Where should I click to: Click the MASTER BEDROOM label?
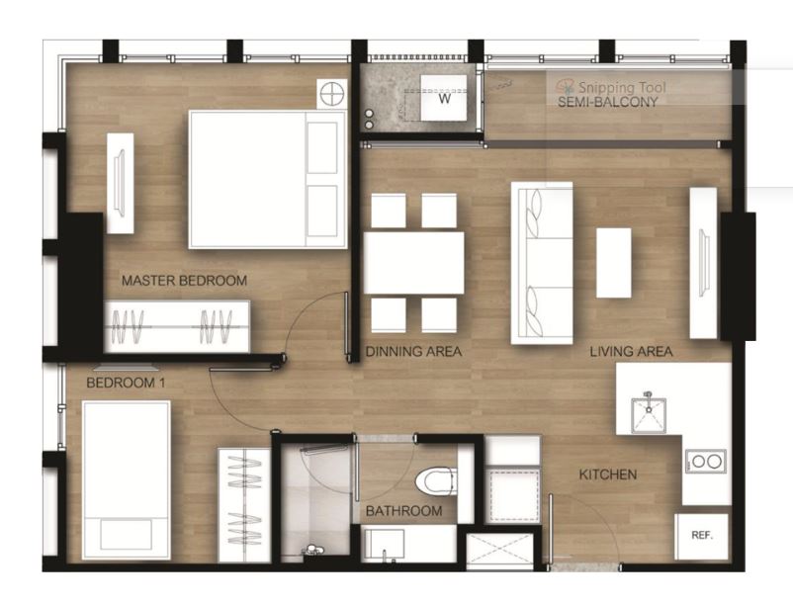[184, 281]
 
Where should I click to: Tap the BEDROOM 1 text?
[126, 383]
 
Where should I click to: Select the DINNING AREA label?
[413, 351]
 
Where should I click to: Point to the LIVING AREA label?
[631, 351]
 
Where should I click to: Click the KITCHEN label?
[607, 475]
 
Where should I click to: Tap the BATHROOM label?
[403, 511]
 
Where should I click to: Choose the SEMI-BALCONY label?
[607, 102]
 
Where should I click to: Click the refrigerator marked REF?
[702, 537]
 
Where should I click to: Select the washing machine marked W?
[444, 98]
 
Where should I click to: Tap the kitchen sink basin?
[648, 415]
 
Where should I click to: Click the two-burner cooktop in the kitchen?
[706, 461]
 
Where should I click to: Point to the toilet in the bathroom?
[436, 480]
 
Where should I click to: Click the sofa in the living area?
[542, 263]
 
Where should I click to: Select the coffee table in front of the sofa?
[613, 263]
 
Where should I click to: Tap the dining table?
[413, 263]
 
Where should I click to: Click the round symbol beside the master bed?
[332, 94]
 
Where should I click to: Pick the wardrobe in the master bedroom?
[177, 326]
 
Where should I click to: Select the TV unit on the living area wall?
[703, 263]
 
